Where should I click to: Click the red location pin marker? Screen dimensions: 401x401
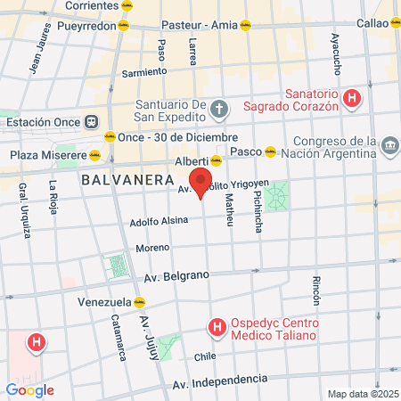[x=200, y=181]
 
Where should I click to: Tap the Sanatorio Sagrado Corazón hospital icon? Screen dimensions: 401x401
[x=354, y=97]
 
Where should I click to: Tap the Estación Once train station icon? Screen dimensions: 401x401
[x=91, y=122]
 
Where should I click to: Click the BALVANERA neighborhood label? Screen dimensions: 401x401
[x=126, y=179]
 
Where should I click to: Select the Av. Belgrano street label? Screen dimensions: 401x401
[x=176, y=277]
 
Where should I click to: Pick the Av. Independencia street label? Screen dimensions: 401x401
[x=218, y=382]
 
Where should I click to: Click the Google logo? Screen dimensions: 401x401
[x=29, y=389]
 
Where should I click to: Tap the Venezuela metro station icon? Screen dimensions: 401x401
[x=139, y=301]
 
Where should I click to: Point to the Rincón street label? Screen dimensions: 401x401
[x=316, y=291]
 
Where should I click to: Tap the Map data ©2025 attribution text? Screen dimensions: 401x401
[x=362, y=394]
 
